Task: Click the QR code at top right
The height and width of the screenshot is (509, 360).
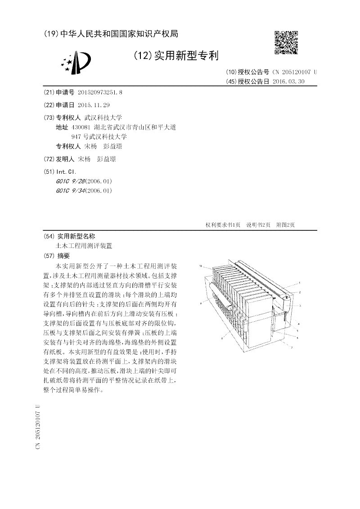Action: coord(286,42)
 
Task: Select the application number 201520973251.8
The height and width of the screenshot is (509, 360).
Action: coord(100,92)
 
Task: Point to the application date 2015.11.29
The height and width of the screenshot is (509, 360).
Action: coord(94,105)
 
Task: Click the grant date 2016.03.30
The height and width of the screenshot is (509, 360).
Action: coord(288,81)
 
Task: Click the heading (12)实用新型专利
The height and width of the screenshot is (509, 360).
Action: coord(176,56)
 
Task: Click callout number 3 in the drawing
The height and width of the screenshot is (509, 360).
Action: coord(300,305)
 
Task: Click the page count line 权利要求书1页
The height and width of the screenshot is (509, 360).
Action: coord(223,225)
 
